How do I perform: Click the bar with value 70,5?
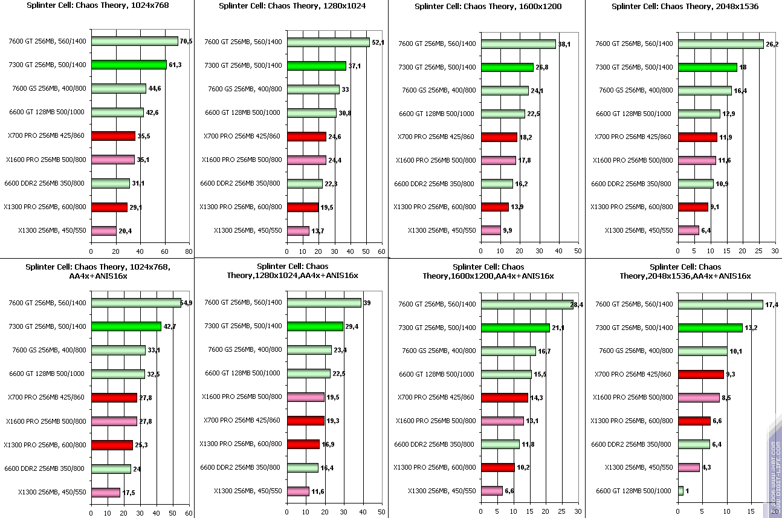pos(134,41)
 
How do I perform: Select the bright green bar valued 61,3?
pos(129,65)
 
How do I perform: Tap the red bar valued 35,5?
pos(113,136)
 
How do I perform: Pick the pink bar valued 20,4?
pos(103,230)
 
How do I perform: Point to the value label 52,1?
pos(378,42)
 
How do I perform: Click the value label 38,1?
pos(564,44)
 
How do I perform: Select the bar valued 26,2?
pos(720,44)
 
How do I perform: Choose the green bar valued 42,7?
pos(126,326)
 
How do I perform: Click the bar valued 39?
pos(324,302)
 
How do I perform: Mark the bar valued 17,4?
pos(720,305)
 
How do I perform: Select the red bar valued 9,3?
pos(701,374)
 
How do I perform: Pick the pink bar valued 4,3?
pos(688,467)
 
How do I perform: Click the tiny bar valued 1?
pos(680,491)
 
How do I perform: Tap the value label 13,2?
pos(751,328)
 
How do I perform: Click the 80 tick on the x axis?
pos(189,251)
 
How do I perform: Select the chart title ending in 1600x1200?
pos(488,7)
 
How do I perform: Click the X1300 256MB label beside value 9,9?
pos(442,230)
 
